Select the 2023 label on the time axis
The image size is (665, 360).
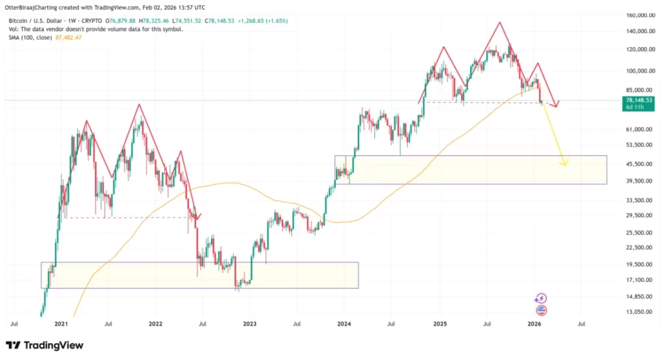[250, 323]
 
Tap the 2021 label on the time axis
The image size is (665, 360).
[61, 323]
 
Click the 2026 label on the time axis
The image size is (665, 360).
[534, 323]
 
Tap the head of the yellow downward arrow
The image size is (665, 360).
[565, 163]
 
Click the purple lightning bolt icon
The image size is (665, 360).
[540, 299]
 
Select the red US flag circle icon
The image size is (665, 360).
[541, 311]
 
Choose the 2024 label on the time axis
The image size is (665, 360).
[344, 323]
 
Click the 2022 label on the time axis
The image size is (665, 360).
[155, 323]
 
